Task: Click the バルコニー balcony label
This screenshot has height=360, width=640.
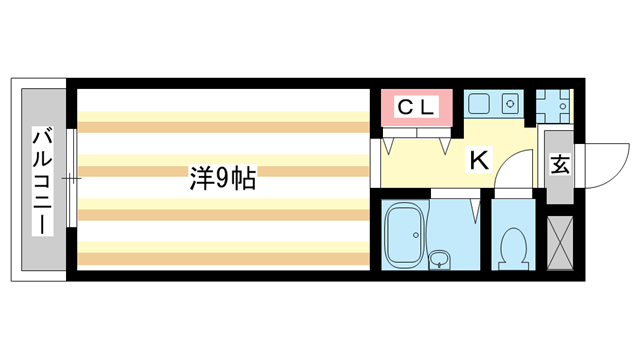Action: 42,181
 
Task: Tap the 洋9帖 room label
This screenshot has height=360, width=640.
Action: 222,180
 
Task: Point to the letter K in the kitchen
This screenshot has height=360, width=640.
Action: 479,159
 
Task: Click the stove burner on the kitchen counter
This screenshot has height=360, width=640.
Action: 509,103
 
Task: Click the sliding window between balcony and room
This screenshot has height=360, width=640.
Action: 71,180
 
